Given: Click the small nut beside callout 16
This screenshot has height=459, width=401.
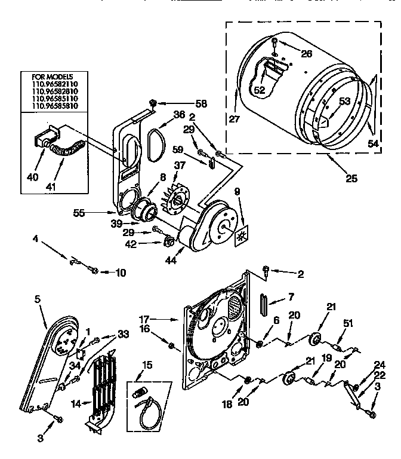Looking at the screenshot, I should (172, 346).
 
